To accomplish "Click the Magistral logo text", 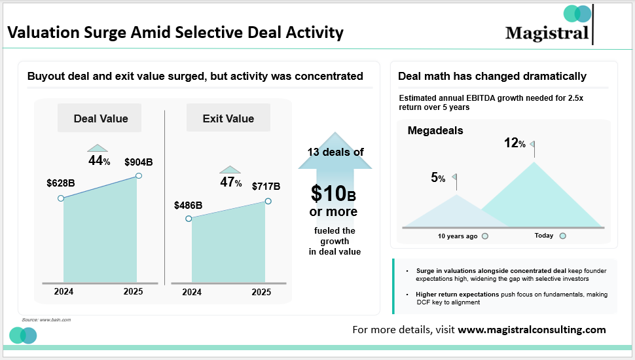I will (547, 32).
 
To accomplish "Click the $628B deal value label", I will (61, 183).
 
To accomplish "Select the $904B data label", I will (139, 162).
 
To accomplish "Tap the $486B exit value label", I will (189, 205).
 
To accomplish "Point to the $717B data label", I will (266, 187).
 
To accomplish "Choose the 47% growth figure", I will (230, 183).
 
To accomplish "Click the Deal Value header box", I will (101, 118).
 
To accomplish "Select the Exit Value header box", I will (228, 118).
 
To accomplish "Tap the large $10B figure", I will (333, 194).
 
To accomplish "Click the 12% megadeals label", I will (515, 143).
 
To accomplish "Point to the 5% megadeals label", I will (438, 177).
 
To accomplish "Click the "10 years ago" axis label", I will (458, 236).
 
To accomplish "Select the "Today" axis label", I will (543, 236).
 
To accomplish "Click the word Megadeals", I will (435, 130).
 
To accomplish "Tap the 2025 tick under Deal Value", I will (133, 292).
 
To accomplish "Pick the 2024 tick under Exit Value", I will (192, 292).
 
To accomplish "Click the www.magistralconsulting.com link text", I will (532, 330).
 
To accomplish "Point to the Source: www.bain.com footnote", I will (46, 319).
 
